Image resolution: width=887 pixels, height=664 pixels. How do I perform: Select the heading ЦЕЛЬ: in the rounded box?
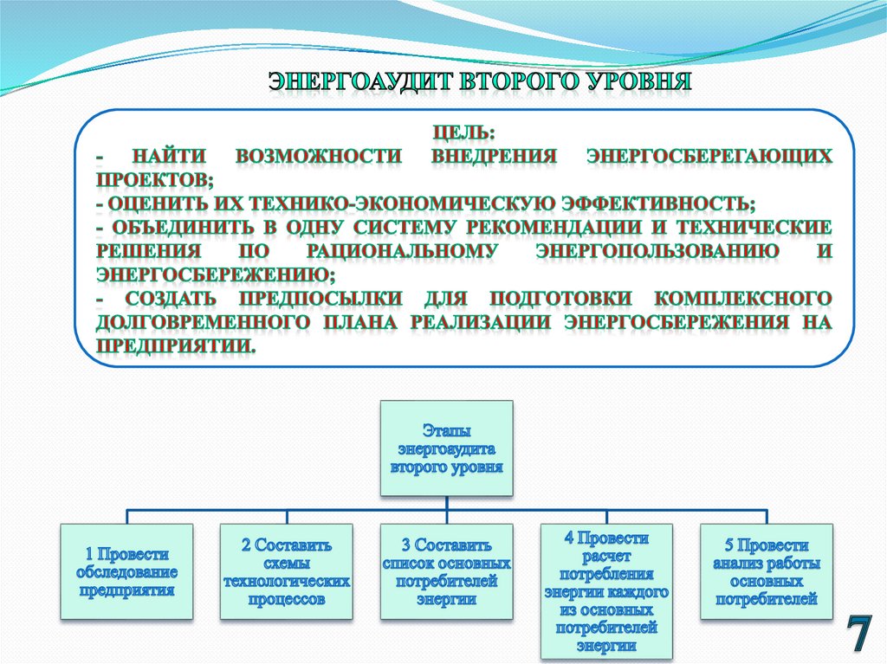click(464, 135)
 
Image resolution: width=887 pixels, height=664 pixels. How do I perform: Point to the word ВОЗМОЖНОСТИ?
click(318, 157)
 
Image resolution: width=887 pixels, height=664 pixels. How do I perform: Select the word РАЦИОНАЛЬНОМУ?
click(402, 251)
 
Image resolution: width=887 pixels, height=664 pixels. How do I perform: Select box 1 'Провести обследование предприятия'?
click(126, 571)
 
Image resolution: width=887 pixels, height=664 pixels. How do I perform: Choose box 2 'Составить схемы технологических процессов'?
click(287, 571)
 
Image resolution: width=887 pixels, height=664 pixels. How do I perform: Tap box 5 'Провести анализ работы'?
click(767, 571)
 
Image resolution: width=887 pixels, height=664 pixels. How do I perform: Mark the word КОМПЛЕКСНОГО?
click(743, 298)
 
